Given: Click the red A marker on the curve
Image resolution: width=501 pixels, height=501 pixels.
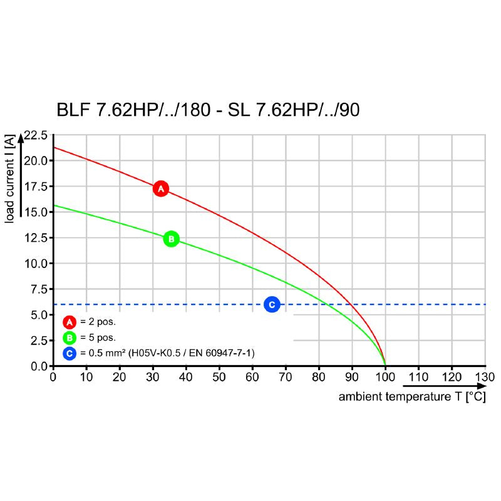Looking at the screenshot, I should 161,189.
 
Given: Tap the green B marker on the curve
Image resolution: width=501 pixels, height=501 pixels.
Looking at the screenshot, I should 171,239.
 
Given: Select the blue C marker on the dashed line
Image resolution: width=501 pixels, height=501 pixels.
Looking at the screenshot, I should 272,304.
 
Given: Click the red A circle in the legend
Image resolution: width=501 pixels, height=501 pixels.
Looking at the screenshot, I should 70,323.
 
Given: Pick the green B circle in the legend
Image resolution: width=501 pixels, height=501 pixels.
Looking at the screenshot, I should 70,338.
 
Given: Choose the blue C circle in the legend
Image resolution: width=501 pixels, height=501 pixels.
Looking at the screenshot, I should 70,354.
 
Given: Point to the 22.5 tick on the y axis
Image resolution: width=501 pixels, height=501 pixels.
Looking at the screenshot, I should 36,135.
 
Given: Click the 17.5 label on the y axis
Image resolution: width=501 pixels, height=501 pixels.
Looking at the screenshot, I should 36,186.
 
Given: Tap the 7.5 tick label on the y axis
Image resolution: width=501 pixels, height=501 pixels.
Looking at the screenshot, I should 38,289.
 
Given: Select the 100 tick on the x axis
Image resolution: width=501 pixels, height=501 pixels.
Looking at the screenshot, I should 385,377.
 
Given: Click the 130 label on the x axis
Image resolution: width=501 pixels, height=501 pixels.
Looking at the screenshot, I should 485,377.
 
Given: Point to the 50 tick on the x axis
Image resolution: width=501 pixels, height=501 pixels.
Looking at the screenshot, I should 219,377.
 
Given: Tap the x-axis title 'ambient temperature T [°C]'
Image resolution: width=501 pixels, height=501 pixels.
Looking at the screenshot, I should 412,397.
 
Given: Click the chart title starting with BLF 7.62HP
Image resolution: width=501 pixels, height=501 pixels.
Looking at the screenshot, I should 208,110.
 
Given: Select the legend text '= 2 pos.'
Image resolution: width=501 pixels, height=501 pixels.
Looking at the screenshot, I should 99,323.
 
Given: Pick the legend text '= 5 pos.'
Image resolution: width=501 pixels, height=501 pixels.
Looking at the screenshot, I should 99,338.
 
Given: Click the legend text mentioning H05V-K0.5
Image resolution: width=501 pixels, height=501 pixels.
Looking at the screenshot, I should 167,354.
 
